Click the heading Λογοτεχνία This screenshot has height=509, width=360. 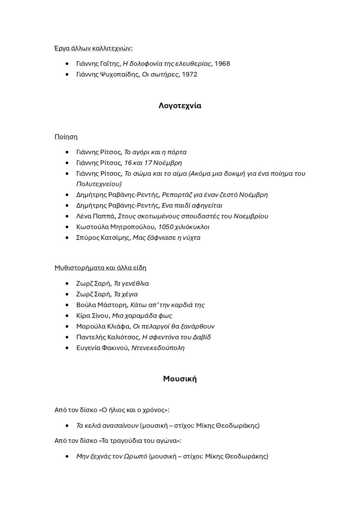[x=180, y=105]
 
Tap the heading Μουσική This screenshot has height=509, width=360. [x=180, y=379]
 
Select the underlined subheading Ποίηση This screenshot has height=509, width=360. [x=66, y=136]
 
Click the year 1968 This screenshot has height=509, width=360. [x=222, y=64]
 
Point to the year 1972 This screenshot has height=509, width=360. [x=189, y=75]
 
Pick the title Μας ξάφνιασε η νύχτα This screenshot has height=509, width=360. [x=167, y=238]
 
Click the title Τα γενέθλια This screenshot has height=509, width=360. [x=131, y=284]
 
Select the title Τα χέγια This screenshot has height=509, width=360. [x=126, y=295]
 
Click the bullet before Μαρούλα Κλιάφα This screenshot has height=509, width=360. [x=67, y=327]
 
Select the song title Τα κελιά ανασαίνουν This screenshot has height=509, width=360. [x=107, y=426]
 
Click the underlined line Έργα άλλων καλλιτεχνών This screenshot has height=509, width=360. [x=93, y=48]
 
